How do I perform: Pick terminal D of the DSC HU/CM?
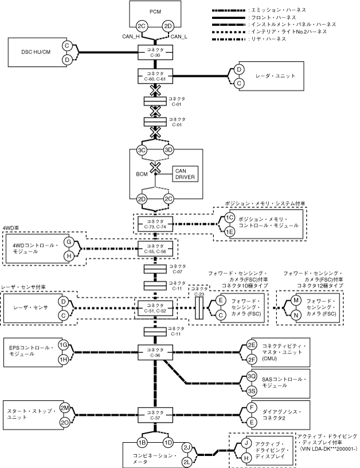67,59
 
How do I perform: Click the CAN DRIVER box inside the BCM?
185,173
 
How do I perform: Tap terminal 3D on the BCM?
168,150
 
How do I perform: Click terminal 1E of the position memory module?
229,231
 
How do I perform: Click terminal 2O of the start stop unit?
64,422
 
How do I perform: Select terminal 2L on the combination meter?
187,462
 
